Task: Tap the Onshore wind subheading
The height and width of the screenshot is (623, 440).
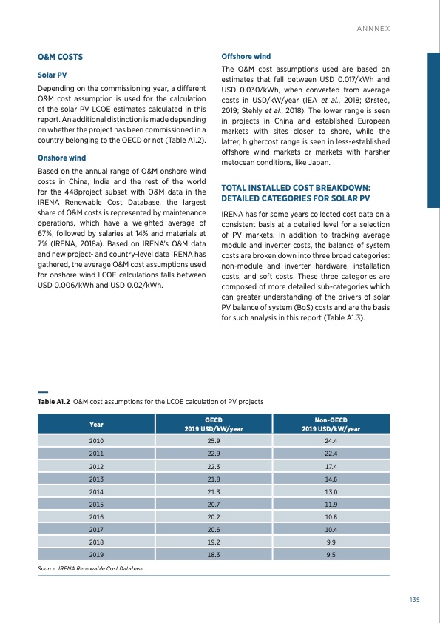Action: click(x=62, y=158)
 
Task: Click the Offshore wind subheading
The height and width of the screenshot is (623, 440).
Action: click(x=246, y=56)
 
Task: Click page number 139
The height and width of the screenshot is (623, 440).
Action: click(x=414, y=599)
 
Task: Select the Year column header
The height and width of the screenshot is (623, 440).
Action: click(x=96, y=424)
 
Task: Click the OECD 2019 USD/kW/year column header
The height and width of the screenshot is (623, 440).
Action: click(x=214, y=424)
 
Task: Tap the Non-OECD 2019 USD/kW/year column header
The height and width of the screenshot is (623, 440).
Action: click(x=331, y=424)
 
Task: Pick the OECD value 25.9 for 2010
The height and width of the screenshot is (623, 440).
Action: click(x=214, y=441)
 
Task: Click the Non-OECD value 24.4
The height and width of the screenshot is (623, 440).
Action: click(x=331, y=441)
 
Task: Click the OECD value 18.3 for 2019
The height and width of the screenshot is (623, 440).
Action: click(x=214, y=553)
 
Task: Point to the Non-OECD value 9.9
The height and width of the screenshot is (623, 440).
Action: click(x=331, y=539)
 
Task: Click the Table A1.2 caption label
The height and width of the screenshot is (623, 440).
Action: click(x=53, y=401)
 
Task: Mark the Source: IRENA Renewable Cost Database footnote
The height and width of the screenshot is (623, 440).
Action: click(x=90, y=568)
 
